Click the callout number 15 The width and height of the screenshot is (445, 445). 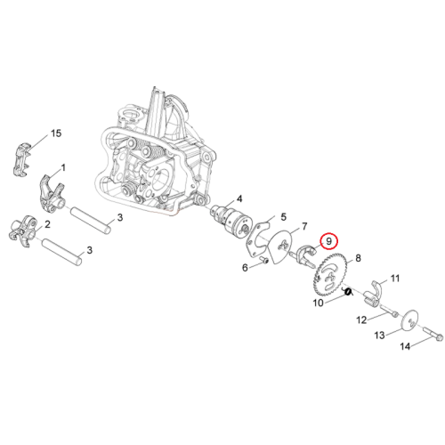56,133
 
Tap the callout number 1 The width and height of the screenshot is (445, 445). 63,168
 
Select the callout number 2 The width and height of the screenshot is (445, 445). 47,224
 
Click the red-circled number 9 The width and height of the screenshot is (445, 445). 328,241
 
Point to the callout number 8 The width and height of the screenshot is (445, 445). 358,258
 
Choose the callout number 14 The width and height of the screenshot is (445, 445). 405,346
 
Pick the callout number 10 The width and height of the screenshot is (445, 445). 318,303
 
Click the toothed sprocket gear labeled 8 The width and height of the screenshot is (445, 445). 328,276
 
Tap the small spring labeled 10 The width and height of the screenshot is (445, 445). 349,292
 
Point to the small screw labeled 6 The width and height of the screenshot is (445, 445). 263,260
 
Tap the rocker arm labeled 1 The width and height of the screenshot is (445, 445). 51,193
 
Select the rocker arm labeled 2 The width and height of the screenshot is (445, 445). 22,231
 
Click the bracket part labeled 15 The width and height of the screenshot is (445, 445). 22,158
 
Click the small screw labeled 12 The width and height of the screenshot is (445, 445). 389,311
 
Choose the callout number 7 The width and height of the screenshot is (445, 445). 304,226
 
